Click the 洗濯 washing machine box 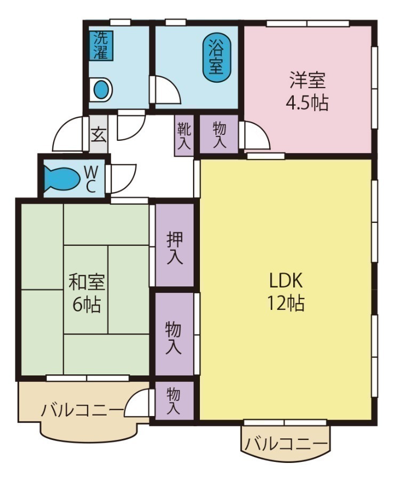click(x=101, y=45)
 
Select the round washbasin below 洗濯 click(x=101, y=90)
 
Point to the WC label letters click(x=91, y=179)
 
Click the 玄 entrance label click(x=98, y=133)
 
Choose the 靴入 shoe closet click(x=185, y=135)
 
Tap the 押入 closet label click(x=174, y=247)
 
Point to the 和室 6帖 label click(x=87, y=293)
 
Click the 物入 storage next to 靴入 click(x=219, y=135)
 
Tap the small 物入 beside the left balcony click(x=174, y=401)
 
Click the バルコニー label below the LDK click(x=286, y=443)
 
